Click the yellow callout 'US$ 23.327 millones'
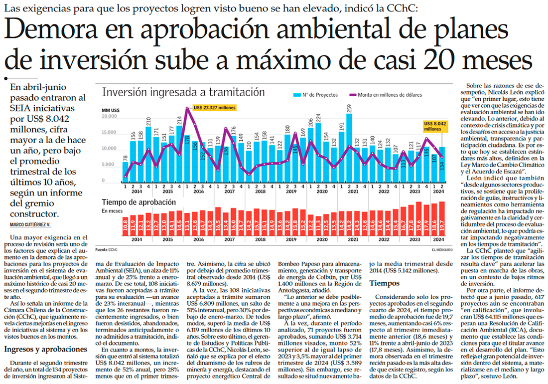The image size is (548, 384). pyautogui.click(x=213, y=107)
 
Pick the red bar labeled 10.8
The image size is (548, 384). pyautogui.click(x=125, y=227)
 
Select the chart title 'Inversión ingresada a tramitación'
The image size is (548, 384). pyautogui.click(x=183, y=92)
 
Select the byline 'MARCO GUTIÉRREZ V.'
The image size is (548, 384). pyautogui.click(x=31, y=224)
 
